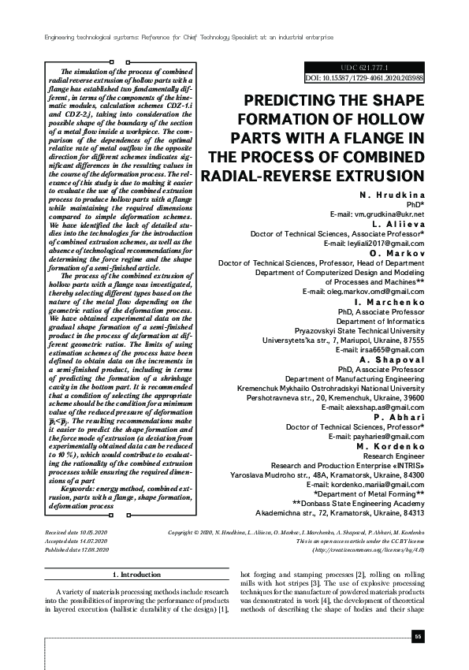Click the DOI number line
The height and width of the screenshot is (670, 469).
tap(363, 79)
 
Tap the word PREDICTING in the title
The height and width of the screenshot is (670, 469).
tap(293, 102)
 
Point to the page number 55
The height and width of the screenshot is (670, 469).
tap(419, 637)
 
